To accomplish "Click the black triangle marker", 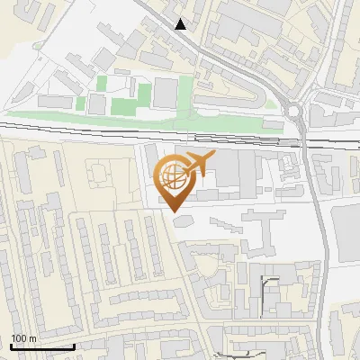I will (181, 24).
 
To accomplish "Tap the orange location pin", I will (175, 180).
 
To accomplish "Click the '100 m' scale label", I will (22, 338).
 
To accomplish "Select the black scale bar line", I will (41, 346).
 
